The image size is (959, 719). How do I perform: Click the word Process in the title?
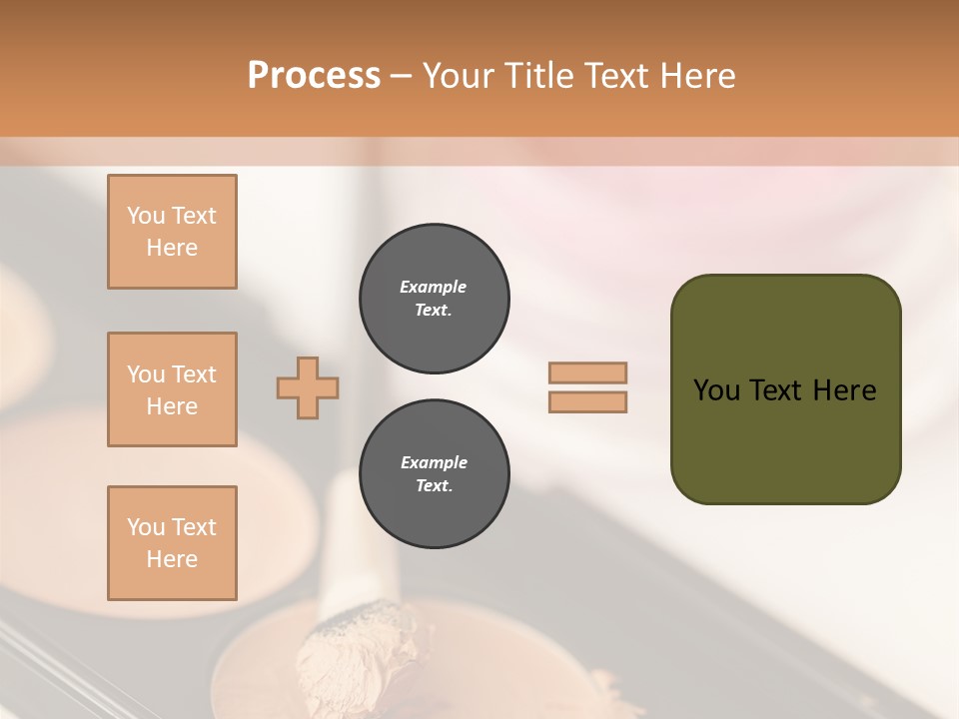coord(314,75)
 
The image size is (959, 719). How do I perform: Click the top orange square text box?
coord(172,232)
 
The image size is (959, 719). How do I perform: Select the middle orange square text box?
coord(172,389)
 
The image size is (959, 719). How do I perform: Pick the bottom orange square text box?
coord(172,543)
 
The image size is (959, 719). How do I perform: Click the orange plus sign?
coord(308,387)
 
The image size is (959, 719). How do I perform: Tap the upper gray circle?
coord(435,299)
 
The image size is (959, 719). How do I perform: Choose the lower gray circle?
coord(435,474)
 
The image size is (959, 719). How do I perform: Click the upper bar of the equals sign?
coord(587,373)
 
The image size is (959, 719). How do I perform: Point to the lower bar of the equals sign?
coord(587,402)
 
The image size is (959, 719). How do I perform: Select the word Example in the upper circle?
coord(434,287)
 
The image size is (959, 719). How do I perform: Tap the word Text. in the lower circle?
coord(434,486)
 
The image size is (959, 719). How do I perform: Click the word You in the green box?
coord(716,390)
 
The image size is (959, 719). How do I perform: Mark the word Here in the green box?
coord(844,390)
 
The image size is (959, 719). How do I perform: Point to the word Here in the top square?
coord(172,248)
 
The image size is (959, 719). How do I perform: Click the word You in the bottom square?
coord(146,527)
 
